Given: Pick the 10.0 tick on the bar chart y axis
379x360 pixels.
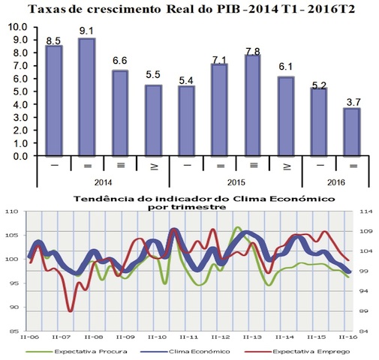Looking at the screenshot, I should [17, 26].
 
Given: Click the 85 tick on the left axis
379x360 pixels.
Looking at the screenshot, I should [17, 331].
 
